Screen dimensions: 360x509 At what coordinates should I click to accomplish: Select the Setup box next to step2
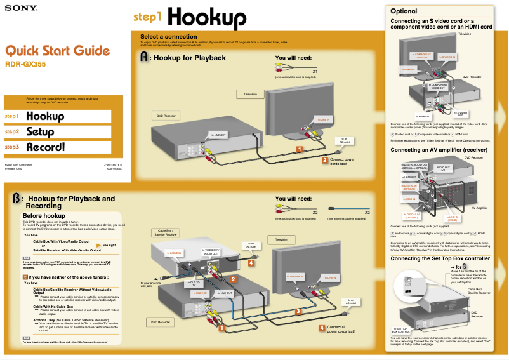point(58,132)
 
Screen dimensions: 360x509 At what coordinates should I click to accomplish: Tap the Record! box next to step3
point(58,147)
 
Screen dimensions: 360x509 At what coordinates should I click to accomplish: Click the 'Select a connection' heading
point(168,37)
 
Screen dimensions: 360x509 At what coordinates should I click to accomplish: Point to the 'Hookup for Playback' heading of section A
point(190,58)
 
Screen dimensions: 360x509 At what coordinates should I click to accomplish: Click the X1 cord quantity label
point(314,71)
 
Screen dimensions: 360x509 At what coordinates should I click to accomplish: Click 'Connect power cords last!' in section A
point(342,161)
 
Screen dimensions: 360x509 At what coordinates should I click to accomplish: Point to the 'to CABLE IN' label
point(175,253)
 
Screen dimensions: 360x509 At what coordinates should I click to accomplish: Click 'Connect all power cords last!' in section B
point(341,329)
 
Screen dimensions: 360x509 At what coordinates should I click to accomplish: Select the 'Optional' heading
point(404,11)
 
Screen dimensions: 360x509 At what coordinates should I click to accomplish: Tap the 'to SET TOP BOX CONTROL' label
point(401,330)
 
